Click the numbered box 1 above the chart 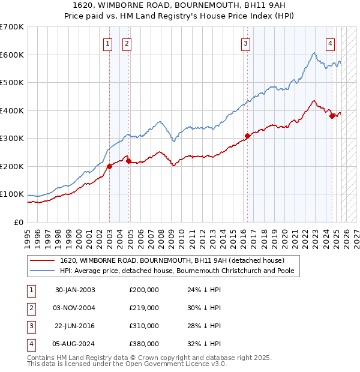pos(107,43)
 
